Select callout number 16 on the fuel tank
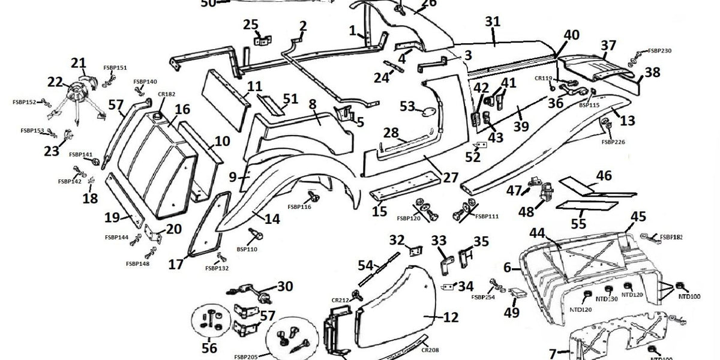[182, 109]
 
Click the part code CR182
[166, 94]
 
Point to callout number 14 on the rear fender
[272, 219]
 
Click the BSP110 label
[247, 248]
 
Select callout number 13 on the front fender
[627, 121]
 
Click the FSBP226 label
[613, 142]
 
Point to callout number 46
[604, 176]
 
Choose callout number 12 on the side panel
[451, 316]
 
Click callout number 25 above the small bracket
[251, 25]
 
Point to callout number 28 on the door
[391, 132]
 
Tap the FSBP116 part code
[299, 207]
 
